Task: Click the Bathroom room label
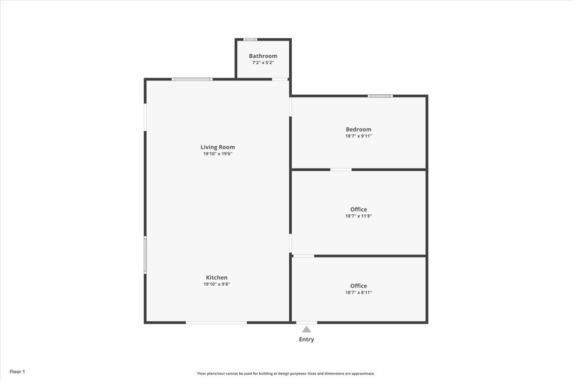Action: click(263, 56)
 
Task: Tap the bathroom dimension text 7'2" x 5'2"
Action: click(263, 62)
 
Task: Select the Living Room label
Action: click(217, 147)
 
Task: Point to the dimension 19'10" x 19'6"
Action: click(217, 154)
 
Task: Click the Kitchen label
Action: click(216, 278)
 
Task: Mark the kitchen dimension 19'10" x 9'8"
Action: click(216, 284)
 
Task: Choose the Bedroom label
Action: click(358, 129)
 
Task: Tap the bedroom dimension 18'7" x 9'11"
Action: click(358, 136)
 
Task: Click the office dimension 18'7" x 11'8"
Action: click(358, 216)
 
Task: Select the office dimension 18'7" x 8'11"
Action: click(358, 292)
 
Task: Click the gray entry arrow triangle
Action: click(306, 329)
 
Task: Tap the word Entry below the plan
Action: click(306, 340)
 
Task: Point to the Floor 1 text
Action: click(17, 371)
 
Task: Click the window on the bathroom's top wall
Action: click(250, 40)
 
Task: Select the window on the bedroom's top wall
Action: click(380, 96)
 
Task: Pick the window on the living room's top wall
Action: click(192, 79)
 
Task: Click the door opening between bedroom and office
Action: click(341, 170)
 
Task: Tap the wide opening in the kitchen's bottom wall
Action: click(216, 322)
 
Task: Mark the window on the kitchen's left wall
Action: click(145, 255)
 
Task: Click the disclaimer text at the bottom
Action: click(286, 373)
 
